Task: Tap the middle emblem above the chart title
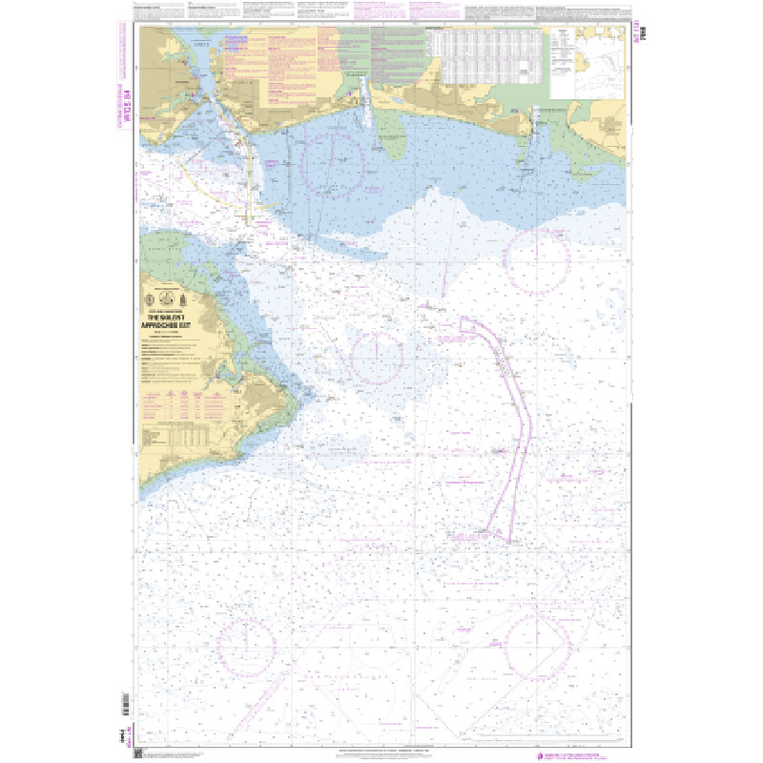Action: (x=174, y=293)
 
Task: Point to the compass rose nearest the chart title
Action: (x=377, y=357)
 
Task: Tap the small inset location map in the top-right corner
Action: (x=586, y=62)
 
